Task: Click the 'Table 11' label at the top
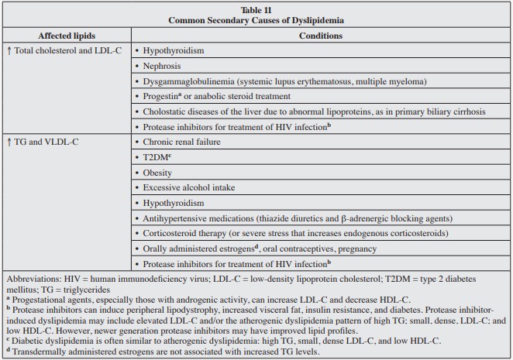pyautogui.click(x=256, y=9)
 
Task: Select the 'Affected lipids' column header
pyautogui.click(x=65, y=36)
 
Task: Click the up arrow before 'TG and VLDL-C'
pyautogui.click(x=9, y=142)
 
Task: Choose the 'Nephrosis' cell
pyautogui.click(x=164, y=66)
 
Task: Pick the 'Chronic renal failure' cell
pyautogui.click(x=182, y=142)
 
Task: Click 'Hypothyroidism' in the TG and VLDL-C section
pyautogui.click(x=174, y=204)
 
